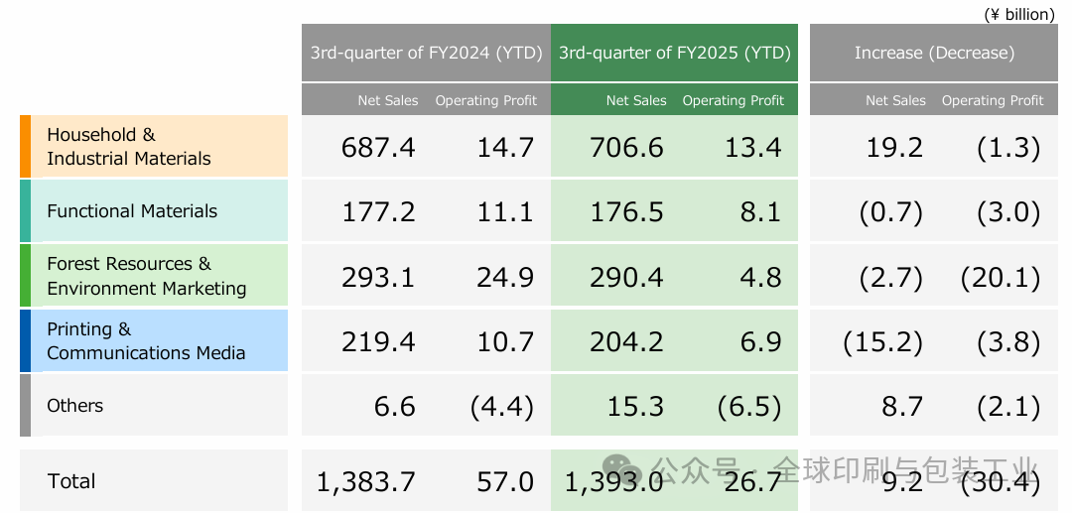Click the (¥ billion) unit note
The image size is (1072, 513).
(1018, 14)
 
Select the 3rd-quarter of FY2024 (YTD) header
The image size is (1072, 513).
(426, 53)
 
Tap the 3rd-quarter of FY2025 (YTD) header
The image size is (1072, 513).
(674, 53)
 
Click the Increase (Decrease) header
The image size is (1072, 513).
(934, 53)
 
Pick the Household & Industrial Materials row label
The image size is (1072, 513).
(129, 147)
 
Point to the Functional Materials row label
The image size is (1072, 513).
(132, 211)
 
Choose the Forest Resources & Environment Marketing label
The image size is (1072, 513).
(146, 276)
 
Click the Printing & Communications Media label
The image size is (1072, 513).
(146, 340)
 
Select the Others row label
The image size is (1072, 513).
(75, 406)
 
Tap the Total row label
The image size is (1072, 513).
(71, 481)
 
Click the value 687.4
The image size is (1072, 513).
(378, 148)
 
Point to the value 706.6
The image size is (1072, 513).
(626, 148)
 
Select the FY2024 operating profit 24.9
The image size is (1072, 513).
(505, 277)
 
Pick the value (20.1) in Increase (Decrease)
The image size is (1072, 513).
(1001, 277)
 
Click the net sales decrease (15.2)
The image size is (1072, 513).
(882, 342)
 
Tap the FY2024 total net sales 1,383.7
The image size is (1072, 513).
(366, 482)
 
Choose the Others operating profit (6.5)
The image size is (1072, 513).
(748, 407)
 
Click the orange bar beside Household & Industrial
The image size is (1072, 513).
(25, 147)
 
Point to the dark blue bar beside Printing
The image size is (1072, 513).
(25, 340)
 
